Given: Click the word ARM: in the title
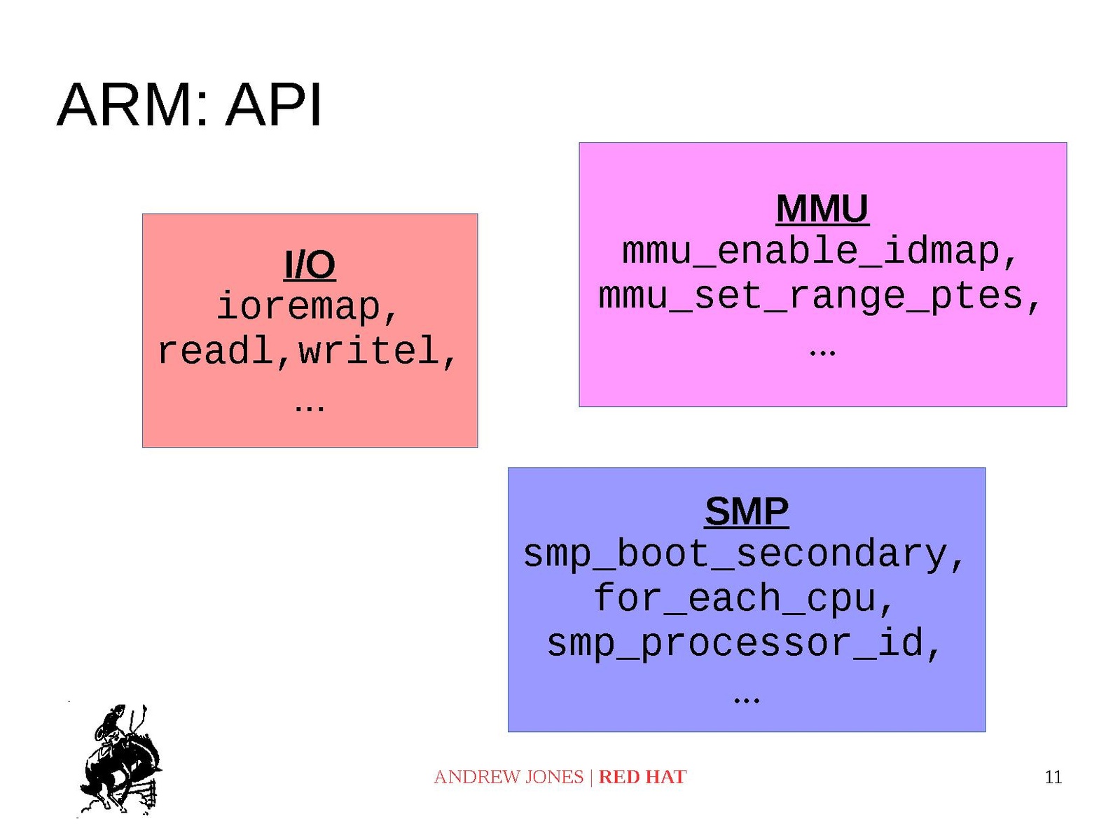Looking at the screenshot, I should (x=132, y=105).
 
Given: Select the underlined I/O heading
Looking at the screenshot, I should (x=310, y=265).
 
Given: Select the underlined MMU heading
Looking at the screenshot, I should (x=822, y=209).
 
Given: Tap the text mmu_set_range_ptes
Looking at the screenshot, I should (x=810, y=296).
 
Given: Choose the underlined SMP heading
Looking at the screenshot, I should (x=746, y=511).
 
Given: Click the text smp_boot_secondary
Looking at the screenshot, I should (x=735, y=554).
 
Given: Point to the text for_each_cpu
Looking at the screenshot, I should (x=735, y=599).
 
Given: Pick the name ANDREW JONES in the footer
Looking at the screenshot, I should (x=509, y=777).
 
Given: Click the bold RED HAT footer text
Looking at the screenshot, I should (x=642, y=777).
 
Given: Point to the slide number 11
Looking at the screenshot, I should (x=1053, y=777).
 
